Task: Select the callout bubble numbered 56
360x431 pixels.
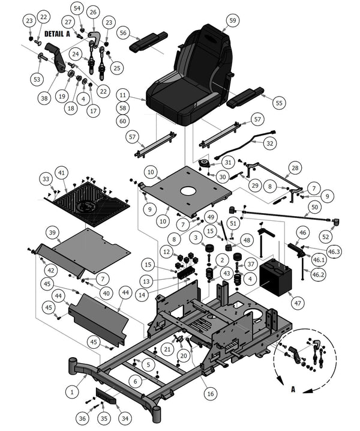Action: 124,32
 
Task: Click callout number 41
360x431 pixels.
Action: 62,172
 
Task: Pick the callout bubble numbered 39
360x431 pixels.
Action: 52,232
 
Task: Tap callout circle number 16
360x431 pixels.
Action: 209,393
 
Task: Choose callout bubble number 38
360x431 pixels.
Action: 44,97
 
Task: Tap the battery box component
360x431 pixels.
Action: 275,277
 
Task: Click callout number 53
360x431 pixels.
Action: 37,79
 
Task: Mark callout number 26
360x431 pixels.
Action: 92,12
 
